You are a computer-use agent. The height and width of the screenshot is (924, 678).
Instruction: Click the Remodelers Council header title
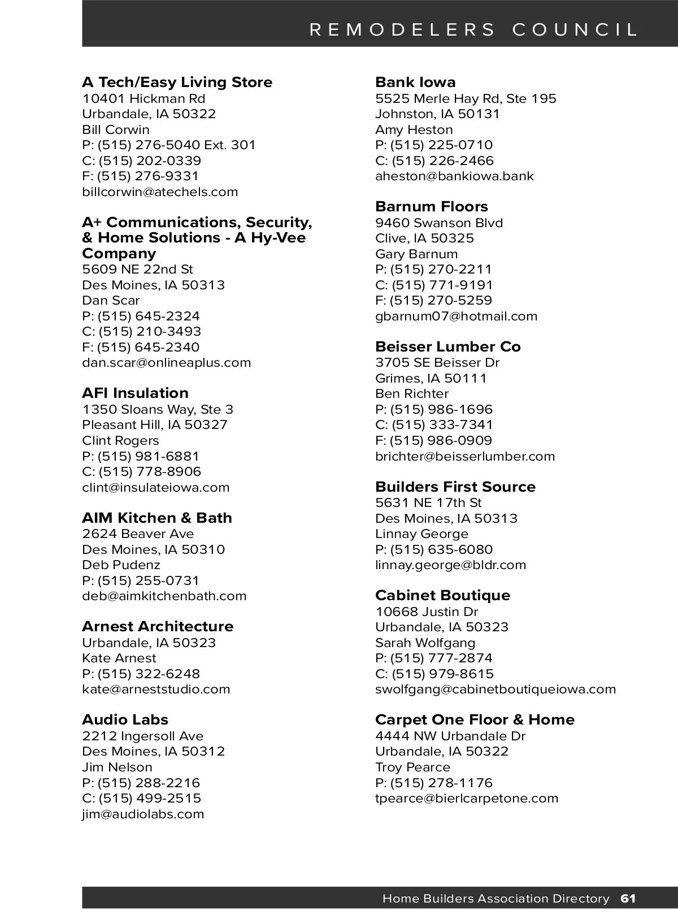pos(473,29)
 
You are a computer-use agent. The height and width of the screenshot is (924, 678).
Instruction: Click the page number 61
pos(628,899)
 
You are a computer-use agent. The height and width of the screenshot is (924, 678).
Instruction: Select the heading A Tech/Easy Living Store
pos(177,83)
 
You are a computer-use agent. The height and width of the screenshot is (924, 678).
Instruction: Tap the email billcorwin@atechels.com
pos(160,192)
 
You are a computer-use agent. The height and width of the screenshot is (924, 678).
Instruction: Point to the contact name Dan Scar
pos(111,300)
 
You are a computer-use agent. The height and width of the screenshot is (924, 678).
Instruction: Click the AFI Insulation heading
pos(135,393)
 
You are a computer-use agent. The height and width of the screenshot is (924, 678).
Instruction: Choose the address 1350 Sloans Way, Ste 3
pos(158,409)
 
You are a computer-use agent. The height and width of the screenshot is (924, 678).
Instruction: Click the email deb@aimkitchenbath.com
pos(164,596)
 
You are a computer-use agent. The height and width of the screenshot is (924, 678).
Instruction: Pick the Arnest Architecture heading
pos(158,627)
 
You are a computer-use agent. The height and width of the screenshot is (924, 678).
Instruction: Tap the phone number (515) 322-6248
pos(149,674)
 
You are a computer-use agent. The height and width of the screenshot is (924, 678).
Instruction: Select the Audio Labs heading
pos(125,720)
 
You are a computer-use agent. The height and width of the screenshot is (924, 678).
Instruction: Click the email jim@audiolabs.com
pos(143,814)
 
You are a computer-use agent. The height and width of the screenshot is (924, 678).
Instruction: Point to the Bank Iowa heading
pos(415,83)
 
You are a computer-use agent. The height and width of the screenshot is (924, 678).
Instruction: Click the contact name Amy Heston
pos(414,129)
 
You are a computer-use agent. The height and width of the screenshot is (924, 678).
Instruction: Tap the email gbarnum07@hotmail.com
pos(456,316)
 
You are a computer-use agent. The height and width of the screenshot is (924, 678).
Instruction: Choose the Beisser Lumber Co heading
pos(447,346)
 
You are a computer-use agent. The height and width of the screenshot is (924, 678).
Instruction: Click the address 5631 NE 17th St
pos(428,502)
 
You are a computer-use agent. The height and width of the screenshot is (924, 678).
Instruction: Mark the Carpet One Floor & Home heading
pos(475,720)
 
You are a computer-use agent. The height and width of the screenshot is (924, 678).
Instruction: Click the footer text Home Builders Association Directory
pos(496,899)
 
